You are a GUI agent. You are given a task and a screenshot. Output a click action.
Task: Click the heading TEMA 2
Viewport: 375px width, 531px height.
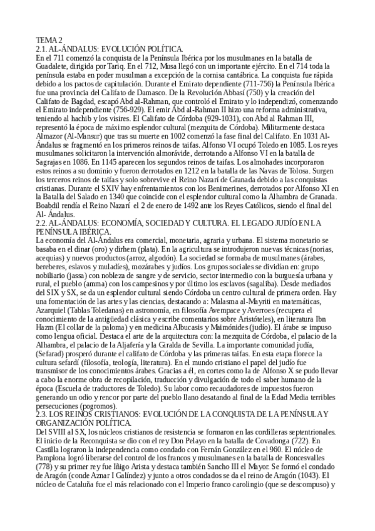click(x=50, y=40)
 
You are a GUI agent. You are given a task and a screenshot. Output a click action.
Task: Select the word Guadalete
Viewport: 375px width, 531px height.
click(x=53, y=64)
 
